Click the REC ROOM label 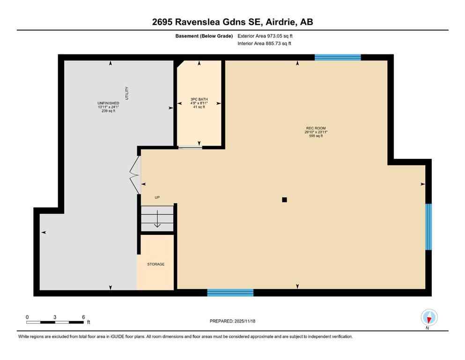coord(315,128)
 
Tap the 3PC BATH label coord(199,99)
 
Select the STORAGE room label coord(156,264)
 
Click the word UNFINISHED coord(108,103)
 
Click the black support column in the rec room coord(284,200)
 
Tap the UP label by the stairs coord(157,197)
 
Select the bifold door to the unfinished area coord(135,174)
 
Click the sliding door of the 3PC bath coord(190,148)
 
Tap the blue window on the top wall coord(338,58)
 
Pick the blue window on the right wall coord(428,227)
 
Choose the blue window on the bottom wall coord(230,293)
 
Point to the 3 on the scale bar coord(55,317)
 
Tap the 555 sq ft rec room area coord(315,136)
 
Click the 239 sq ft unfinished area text coord(108,111)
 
